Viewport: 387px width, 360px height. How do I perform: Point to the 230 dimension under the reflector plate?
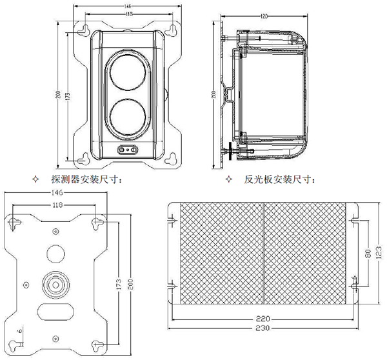[263, 329]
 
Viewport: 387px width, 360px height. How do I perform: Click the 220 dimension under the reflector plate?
[263, 319]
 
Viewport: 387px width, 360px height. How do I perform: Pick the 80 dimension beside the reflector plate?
[367, 254]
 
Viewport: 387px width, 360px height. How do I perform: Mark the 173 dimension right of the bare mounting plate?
[118, 283]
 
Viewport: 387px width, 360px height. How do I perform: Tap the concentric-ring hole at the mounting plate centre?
[55, 283]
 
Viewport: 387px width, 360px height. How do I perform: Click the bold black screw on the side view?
[230, 152]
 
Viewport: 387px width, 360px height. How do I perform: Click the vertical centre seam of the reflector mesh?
[265, 253]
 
